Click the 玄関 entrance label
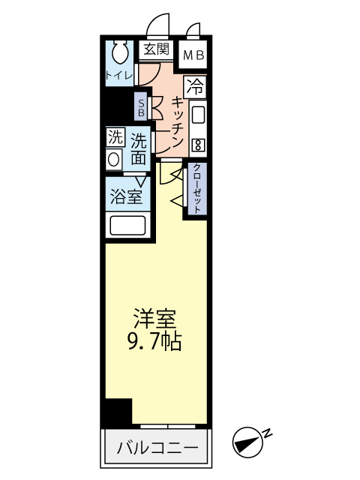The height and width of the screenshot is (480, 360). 157,50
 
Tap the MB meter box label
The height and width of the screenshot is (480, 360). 194,54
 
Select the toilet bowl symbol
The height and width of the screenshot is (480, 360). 119,52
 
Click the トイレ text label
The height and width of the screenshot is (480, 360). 118,75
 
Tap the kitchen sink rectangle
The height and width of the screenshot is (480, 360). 198,115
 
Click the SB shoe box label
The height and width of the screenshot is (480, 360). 141,106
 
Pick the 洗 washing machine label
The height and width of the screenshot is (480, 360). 114,137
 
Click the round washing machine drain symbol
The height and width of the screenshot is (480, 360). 114,160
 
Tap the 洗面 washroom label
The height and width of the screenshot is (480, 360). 138,148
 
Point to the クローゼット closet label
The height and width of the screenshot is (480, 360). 196,189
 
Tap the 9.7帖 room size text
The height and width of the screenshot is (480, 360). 154,343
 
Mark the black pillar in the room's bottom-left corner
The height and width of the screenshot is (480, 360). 118,412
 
